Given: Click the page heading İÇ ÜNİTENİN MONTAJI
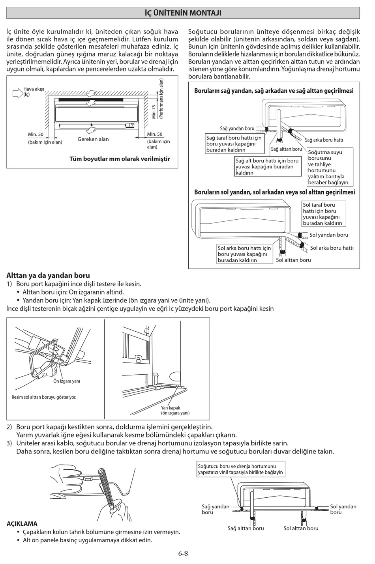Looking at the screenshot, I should tap(183, 13).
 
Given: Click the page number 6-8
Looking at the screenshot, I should tap(183, 553).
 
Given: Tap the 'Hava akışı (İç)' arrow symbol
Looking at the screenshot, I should tap(18, 93).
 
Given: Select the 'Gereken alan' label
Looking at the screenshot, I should tap(93, 139).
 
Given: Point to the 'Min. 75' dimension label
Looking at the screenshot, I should tap(154, 112).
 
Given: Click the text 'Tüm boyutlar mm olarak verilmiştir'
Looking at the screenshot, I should tap(120, 159).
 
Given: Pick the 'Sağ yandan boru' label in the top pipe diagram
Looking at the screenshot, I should tap(237, 129).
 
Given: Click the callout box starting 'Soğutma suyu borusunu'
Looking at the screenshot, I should tap(329, 167).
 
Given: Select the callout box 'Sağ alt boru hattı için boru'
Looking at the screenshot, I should tap(267, 166).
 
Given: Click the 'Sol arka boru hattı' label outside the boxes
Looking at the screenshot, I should tap(332, 248).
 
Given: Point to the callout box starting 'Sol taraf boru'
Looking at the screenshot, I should tap(324, 214).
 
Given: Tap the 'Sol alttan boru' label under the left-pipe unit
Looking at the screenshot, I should tap(293, 260).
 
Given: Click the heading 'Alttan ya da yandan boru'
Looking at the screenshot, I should tap(48, 275).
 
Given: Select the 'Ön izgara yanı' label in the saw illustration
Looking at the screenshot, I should tap(67, 381).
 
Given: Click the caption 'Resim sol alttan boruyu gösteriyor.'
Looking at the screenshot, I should tap(44, 397).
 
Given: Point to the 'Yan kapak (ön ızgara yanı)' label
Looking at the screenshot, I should tap(175, 410).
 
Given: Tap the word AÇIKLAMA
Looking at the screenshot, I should tap(22, 524).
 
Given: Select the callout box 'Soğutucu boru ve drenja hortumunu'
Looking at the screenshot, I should tap(240, 469).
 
